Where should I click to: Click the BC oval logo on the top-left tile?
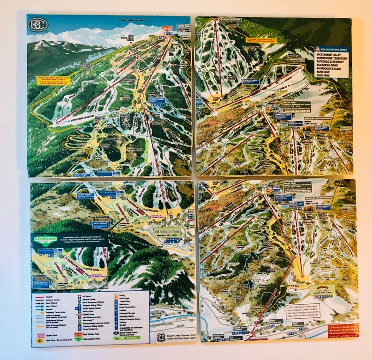[37, 24]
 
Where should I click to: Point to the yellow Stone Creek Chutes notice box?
[53, 81]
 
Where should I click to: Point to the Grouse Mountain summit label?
[230, 20]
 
